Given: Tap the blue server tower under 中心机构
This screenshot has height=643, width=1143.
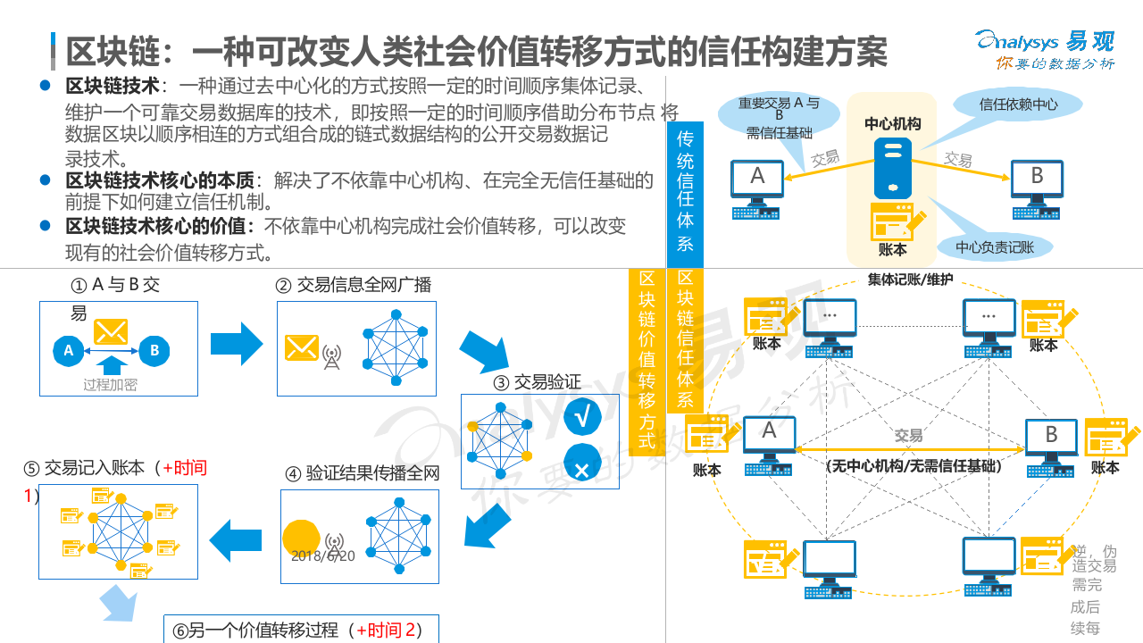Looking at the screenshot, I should [x=893, y=168].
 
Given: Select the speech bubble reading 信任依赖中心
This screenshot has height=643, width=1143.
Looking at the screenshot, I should [x=1018, y=104].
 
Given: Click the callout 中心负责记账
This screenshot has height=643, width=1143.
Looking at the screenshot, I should [x=995, y=246].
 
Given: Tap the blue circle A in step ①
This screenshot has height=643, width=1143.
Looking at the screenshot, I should [x=69, y=351].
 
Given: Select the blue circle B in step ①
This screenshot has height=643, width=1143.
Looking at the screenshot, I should [x=154, y=351].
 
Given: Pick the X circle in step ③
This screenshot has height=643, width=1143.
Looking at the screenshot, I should [x=581, y=466].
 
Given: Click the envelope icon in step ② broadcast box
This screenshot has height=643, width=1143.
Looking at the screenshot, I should [x=302, y=347].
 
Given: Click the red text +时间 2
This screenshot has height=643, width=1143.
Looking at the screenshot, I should [x=386, y=630].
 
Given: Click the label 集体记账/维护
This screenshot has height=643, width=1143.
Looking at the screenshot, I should [x=910, y=280].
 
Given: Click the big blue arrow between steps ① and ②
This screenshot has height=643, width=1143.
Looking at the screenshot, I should [x=237, y=345].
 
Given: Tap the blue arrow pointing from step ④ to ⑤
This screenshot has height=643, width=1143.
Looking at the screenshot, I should [x=235, y=538].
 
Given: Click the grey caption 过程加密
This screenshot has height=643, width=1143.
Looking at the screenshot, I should [x=110, y=385].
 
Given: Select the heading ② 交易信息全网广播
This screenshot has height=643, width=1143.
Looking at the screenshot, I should [x=353, y=285].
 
